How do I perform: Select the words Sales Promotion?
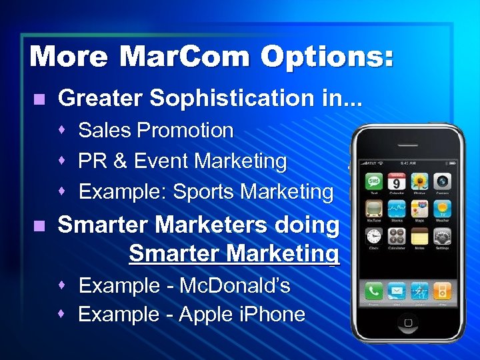(x=156, y=131)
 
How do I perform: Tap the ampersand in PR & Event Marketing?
(x=121, y=161)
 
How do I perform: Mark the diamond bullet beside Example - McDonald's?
(x=61, y=285)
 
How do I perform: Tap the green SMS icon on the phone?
(x=373, y=181)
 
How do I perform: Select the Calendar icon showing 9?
(x=397, y=181)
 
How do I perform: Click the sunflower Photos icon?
(x=419, y=181)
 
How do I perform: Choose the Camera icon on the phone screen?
(x=442, y=181)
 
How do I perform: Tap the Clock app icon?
(x=373, y=237)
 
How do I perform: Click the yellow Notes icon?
(x=419, y=237)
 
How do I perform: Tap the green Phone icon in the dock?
(x=373, y=291)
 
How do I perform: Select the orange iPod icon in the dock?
(x=442, y=291)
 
